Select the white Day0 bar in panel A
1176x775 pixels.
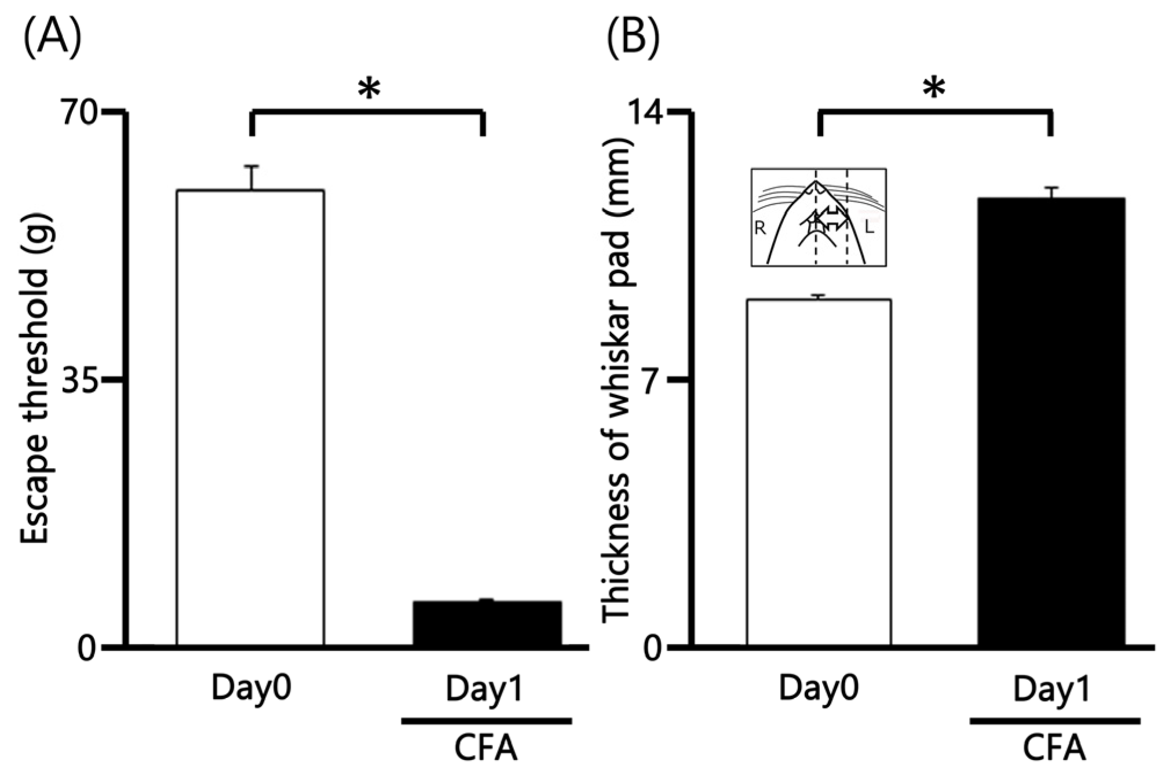coord(250,417)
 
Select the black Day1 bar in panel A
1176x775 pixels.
coord(487,623)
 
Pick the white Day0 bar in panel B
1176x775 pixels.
coord(819,472)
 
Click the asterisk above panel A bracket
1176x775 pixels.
coord(369,90)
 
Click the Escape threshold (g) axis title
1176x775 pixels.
coord(35,380)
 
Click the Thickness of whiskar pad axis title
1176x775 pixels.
coord(616,380)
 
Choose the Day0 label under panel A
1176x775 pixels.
coord(250,689)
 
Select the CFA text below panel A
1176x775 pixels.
coord(485,748)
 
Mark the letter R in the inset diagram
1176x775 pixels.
coord(760,228)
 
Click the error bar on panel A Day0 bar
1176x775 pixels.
coord(251,177)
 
